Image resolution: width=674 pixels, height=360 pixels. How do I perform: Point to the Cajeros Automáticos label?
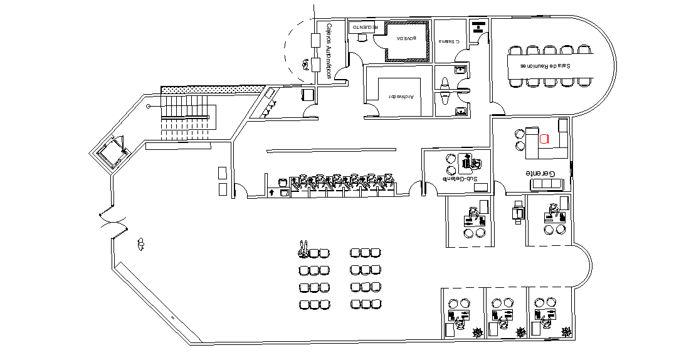pyautogui.click(x=328, y=51)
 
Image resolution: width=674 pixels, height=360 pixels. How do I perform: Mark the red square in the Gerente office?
pyautogui.click(x=544, y=139)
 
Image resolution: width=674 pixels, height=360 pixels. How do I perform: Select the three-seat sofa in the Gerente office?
pyautogui.click(x=547, y=184)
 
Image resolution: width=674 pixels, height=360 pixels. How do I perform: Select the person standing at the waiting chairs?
pyautogui.click(x=303, y=249)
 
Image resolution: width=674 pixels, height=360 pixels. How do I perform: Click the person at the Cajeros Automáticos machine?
pyautogui.click(x=306, y=63)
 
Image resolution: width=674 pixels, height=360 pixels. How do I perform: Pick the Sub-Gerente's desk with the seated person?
pyautogui.click(x=468, y=162)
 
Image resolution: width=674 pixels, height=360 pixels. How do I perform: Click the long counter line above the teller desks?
pyautogui.click(x=332, y=150)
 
